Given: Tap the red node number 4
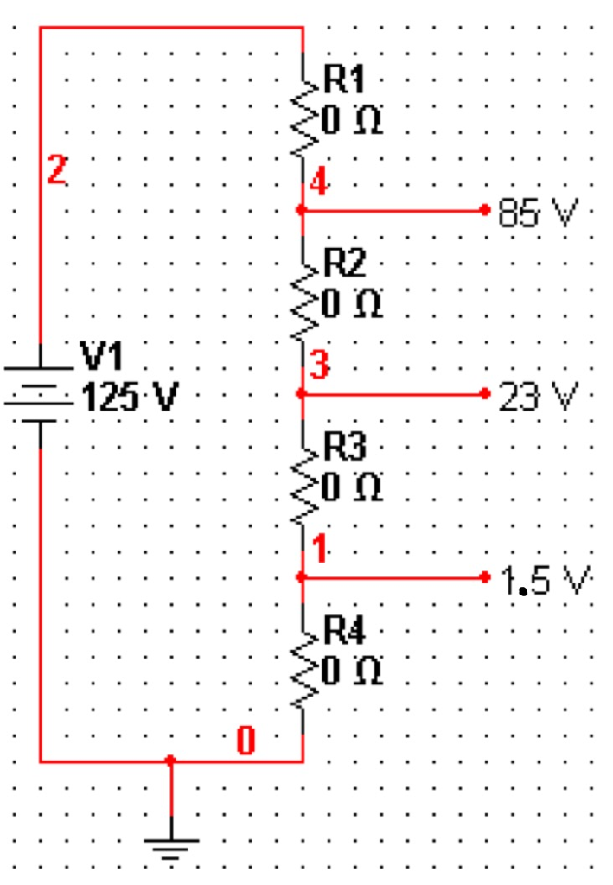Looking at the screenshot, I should click(x=320, y=183).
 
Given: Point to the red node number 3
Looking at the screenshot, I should click(x=319, y=367).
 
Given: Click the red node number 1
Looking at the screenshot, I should click(x=319, y=548).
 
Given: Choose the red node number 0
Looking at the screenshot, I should click(x=246, y=741).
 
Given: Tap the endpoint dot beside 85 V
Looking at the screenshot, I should click(x=487, y=209).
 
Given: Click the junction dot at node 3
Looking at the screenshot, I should click(x=300, y=393).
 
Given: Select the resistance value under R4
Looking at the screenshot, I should click(x=353, y=671).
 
